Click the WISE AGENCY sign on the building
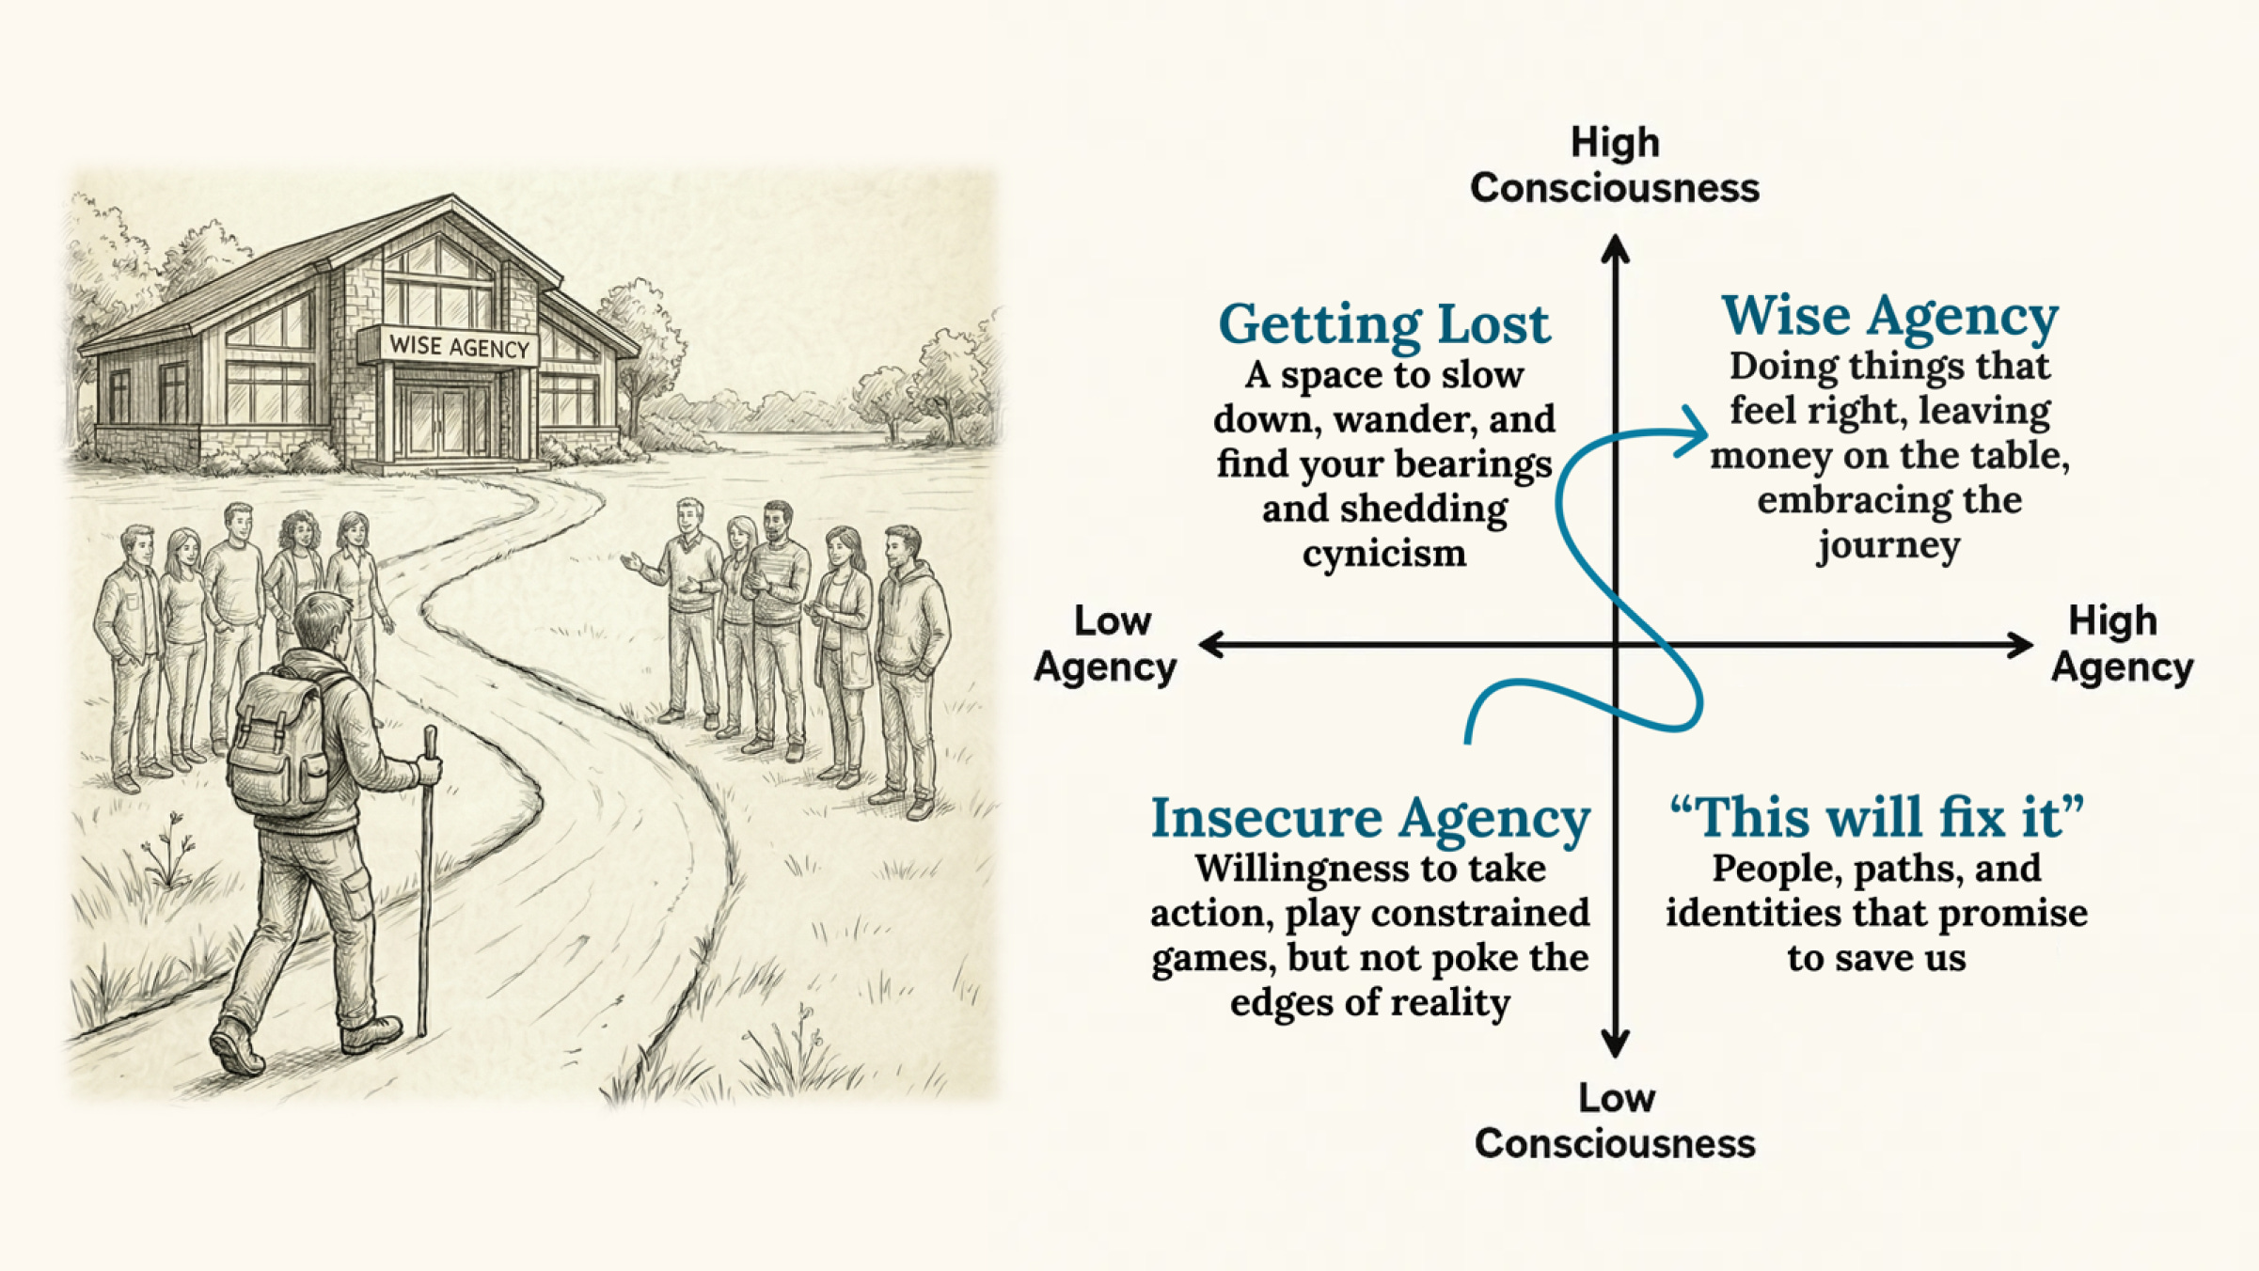pos(459,347)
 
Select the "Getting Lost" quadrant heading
pos(1383,324)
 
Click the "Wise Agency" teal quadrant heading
pos(1889,316)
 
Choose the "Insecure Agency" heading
pos(1370,818)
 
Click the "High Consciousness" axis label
pos(1615,165)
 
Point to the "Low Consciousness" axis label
pos(1615,1121)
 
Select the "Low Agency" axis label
pos(1106,644)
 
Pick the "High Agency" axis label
pos(2122,644)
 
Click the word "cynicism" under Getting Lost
pos(1383,554)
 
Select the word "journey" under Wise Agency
pos(1888,545)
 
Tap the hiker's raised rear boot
pos(235,1046)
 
